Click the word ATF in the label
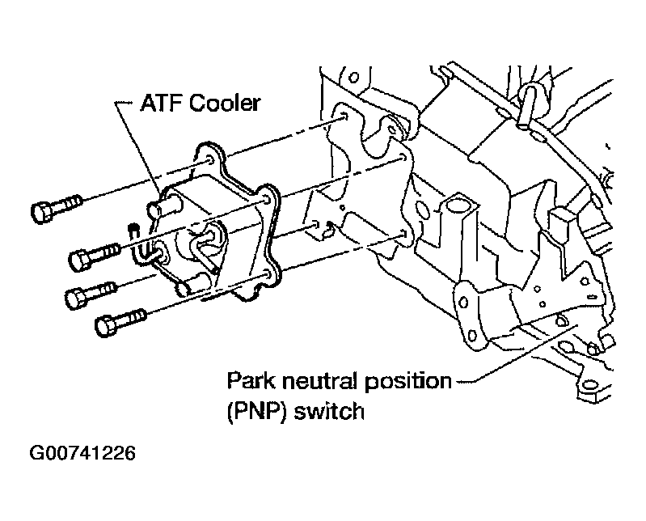click(x=161, y=103)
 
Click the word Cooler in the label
click(x=225, y=103)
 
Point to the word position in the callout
click(x=408, y=382)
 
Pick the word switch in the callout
click(x=329, y=411)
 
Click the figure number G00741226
click(x=82, y=453)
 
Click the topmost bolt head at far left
click(x=41, y=213)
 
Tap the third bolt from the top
click(x=91, y=294)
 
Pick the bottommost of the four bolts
click(x=120, y=322)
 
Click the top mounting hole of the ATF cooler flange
click(x=209, y=160)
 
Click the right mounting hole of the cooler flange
click(x=267, y=201)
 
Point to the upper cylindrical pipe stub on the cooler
click(x=165, y=205)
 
